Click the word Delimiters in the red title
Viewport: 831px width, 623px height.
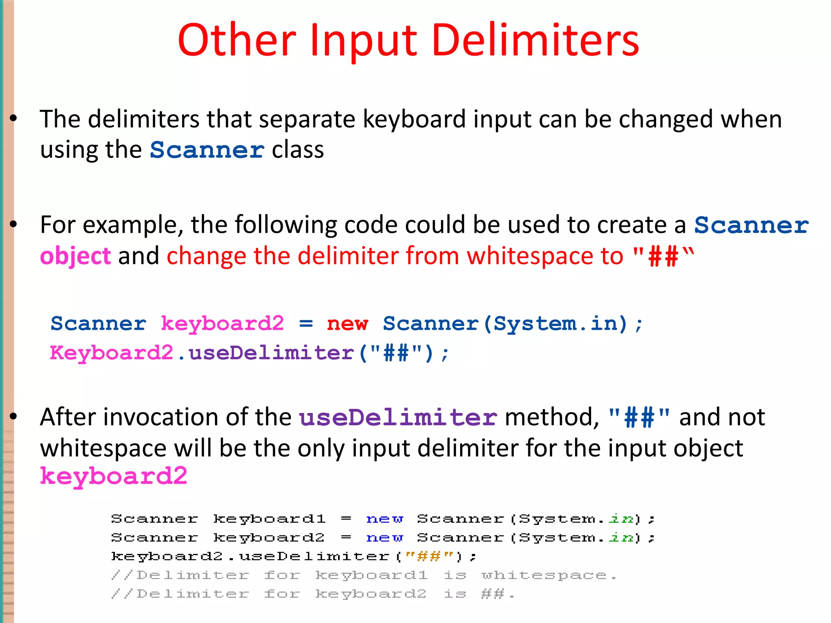pos(535,41)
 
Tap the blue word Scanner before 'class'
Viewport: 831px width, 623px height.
pos(207,150)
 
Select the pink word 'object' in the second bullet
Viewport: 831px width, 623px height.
pos(75,256)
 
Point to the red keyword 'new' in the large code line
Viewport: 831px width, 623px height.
pos(347,324)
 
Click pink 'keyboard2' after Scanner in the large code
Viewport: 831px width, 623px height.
pos(222,324)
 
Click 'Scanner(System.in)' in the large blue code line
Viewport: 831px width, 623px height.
pos(505,324)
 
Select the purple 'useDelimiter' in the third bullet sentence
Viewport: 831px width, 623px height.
pos(398,418)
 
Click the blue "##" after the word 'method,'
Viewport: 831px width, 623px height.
pos(639,418)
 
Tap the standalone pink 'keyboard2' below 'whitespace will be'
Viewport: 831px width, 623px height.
pos(114,476)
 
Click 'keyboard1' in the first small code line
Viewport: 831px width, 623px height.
pos(269,519)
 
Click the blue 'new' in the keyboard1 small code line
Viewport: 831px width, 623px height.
pos(384,519)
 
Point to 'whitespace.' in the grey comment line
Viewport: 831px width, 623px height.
pos(549,575)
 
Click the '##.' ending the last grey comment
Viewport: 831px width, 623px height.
pos(497,594)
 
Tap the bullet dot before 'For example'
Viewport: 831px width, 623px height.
pos(13,224)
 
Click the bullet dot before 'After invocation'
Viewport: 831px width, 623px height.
pos(13,417)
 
